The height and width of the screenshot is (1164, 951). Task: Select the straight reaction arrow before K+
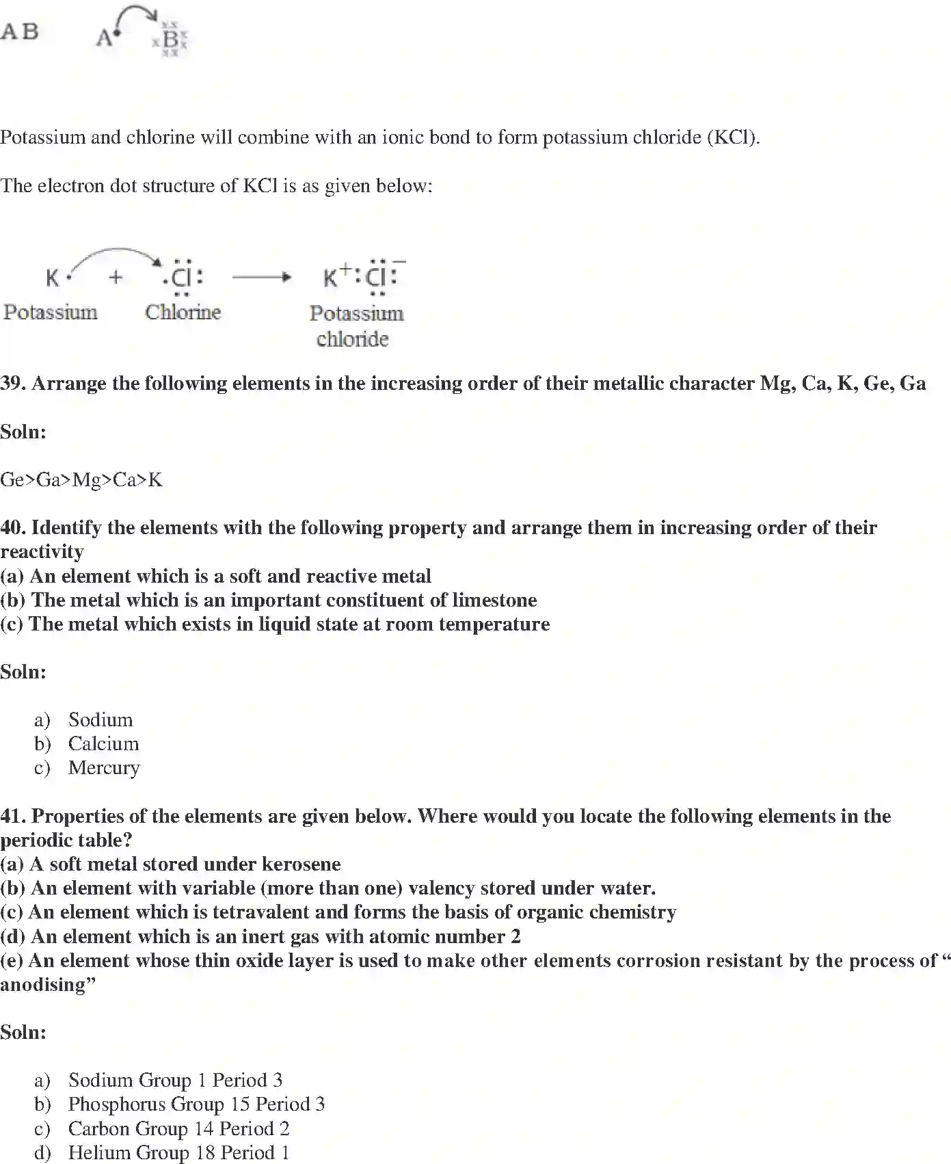click(262, 277)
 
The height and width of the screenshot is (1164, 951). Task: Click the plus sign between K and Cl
click(116, 277)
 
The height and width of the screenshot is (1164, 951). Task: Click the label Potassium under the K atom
click(51, 313)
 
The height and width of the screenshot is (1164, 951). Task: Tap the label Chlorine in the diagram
click(183, 313)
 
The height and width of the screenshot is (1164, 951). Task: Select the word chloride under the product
click(353, 339)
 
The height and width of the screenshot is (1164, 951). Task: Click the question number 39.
click(13, 384)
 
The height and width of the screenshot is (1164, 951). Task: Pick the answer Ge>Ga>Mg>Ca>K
click(81, 480)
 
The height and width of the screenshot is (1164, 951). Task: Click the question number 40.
click(13, 528)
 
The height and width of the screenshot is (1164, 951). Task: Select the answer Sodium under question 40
click(101, 720)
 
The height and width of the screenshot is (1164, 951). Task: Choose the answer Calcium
click(103, 744)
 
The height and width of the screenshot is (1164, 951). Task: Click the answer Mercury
click(104, 768)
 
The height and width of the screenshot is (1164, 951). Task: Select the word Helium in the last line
click(95, 1153)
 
